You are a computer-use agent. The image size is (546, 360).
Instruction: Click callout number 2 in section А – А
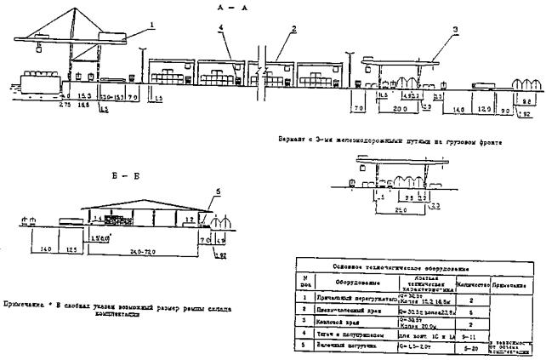point(292,30)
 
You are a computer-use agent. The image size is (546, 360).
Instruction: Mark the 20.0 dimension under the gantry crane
point(401,109)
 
